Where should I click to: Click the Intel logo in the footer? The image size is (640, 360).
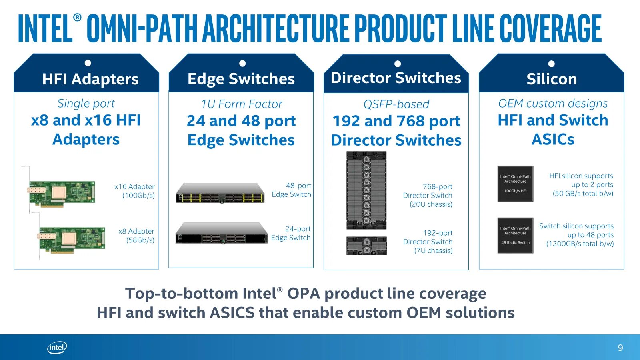pos(57,348)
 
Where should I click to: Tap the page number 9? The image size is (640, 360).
pos(620,348)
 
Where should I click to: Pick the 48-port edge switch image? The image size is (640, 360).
pos(220,193)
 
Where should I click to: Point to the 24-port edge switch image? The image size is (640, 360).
pos(221,234)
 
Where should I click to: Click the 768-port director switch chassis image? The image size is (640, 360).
pos(366,190)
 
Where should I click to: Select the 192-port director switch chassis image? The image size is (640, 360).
pos(366,246)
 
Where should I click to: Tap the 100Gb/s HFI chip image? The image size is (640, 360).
pos(515,184)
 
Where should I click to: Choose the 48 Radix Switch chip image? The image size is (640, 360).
pos(515,235)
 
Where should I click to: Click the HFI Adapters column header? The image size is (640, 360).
pos(90,79)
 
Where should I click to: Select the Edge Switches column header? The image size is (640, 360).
pos(241,79)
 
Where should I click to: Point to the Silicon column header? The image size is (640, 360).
pos(552,79)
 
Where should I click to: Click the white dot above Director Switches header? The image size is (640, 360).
pos(398,64)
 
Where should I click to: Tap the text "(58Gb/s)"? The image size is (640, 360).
pos(140,240)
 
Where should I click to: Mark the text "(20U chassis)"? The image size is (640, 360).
pos(431,204)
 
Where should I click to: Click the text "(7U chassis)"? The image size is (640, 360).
pos(433,251)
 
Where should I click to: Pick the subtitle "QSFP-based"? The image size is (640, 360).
pos(396,104)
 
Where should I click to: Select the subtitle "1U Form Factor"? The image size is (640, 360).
pos(242,104)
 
